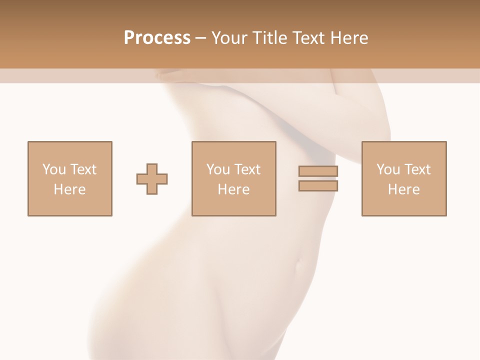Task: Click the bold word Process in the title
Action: (157, 38)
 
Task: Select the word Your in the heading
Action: (230, 38)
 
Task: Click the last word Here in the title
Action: (348, 38)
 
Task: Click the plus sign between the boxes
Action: (152, 179)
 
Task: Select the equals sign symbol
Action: (318, 178)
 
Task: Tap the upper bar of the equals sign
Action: (318, 171)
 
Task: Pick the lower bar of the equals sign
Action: (318, 186)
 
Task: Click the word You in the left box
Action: (53, 169)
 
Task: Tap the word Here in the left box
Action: (69, 189)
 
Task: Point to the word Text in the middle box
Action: (247, 169)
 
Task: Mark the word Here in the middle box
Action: (233, 189)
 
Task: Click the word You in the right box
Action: (387, 169)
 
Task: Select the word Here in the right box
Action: (403, 189)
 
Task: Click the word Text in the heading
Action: (308, 38)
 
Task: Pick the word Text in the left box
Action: (83, 169)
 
